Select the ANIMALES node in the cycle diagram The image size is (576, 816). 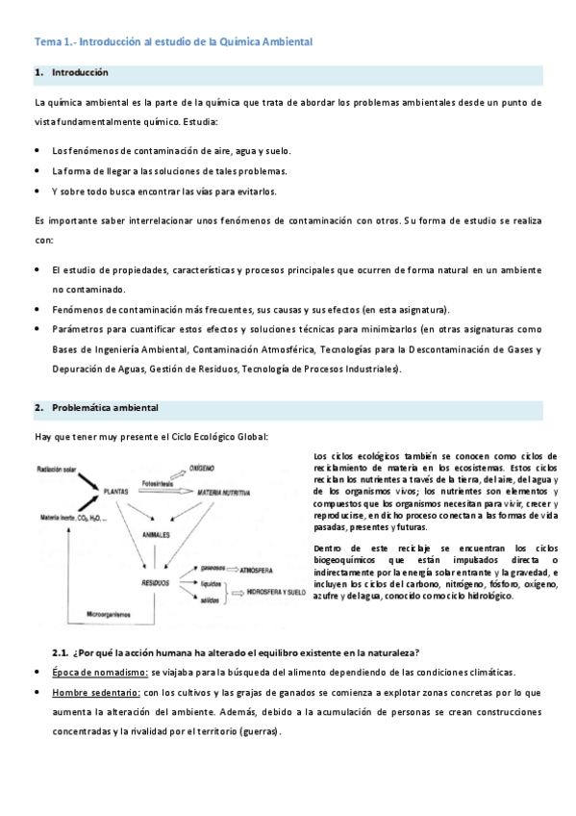[156, 532]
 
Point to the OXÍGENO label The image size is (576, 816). [201, 467]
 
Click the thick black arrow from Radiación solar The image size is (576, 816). [89, 479]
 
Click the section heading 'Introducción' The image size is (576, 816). [80, 73]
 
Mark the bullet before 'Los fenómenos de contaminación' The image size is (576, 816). [37, 151]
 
